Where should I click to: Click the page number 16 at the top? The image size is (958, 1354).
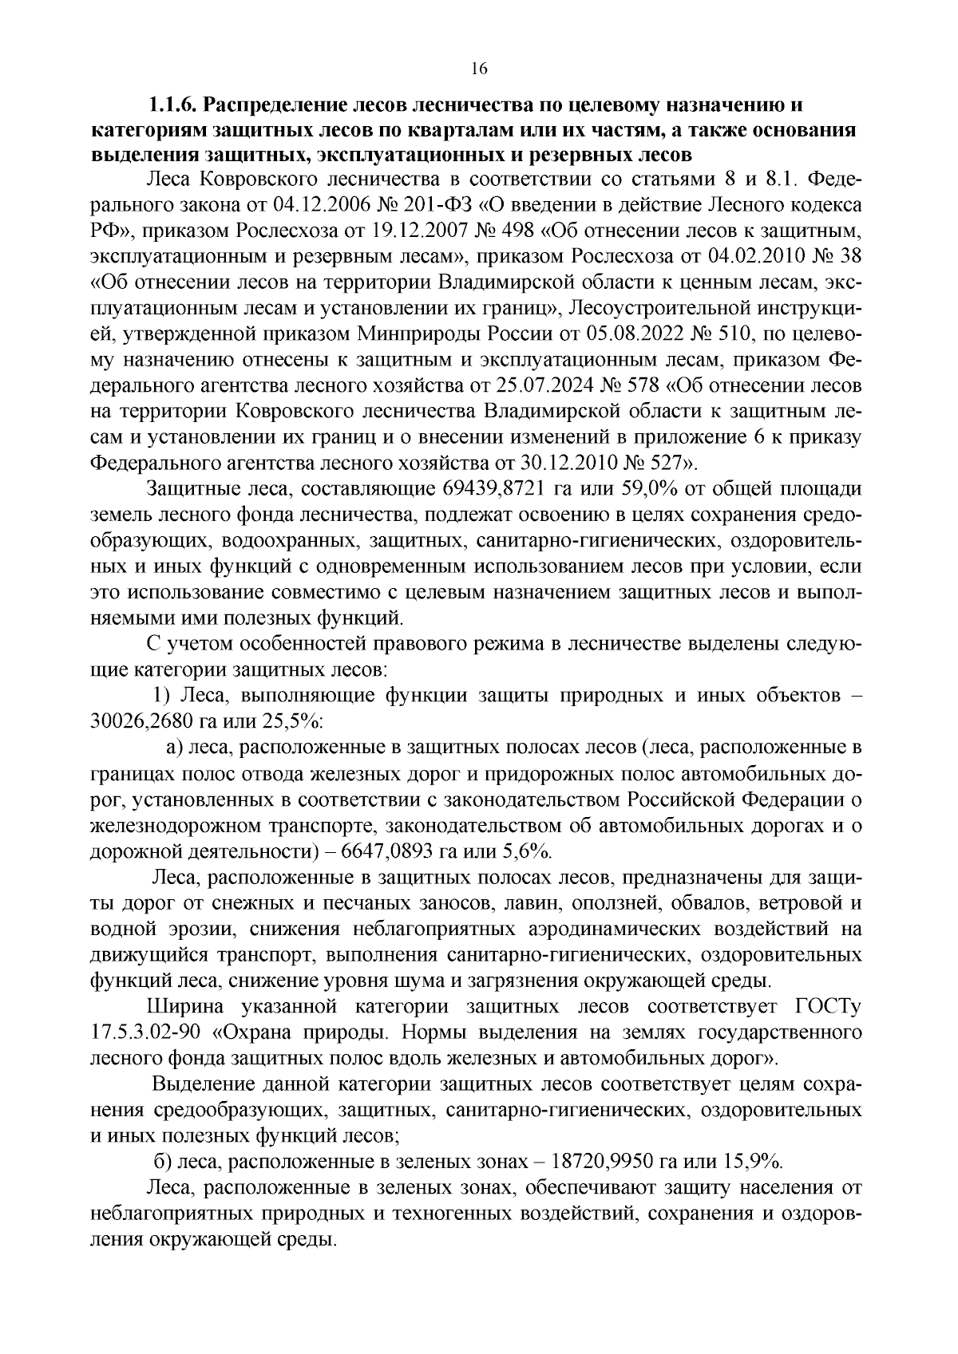[x=478, y=69]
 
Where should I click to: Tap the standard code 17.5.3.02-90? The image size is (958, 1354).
[x=144, y=1033]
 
